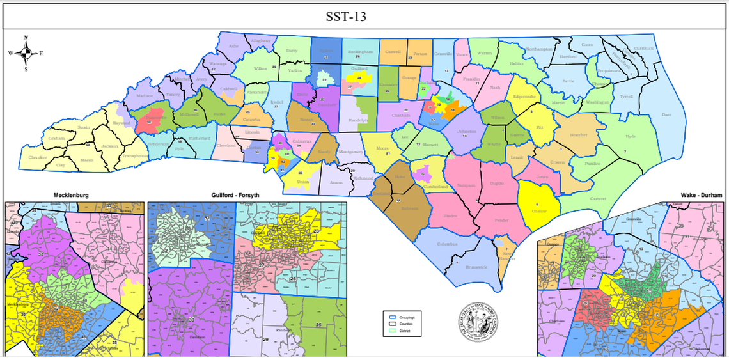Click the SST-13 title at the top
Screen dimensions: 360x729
click(364, 15)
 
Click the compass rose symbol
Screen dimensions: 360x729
click(26, 54)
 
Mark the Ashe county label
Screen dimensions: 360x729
click(233, 46)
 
